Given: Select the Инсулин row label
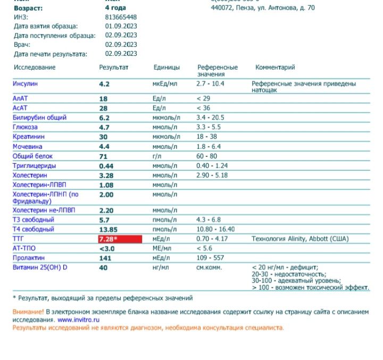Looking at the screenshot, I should coord(26,84).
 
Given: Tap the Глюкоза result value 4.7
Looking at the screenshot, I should coord(104,128).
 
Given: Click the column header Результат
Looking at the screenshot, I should coord(114,68).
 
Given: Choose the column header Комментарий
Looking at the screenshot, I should coord(275,68).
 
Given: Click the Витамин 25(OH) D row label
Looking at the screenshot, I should coord(40,267).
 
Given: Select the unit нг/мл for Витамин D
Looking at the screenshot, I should coord(161,267).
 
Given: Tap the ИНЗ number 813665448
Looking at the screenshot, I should coord(121,17).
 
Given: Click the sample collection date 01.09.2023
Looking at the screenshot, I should coord(121,26).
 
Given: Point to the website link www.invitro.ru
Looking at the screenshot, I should coord(79,320).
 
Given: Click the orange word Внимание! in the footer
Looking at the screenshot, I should coord(28,311).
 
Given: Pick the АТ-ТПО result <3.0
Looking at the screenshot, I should coord(106,249).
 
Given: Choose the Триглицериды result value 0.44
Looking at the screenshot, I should coord(106,166).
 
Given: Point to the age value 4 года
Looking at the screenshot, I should coord(116,8).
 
